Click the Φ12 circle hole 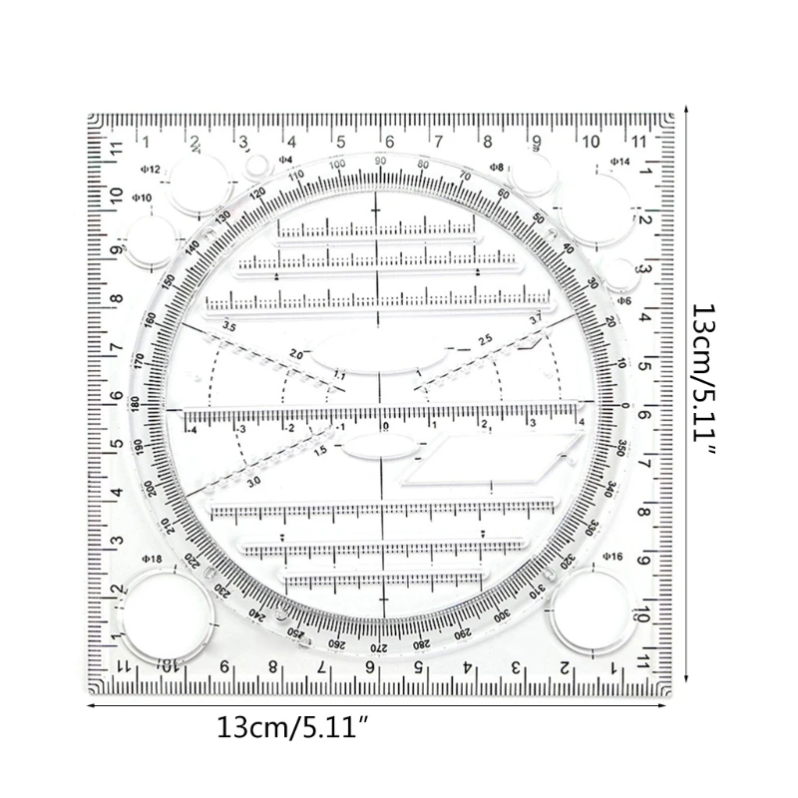pyautogui.click(x=197, y=184)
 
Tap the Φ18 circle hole pyautogui.click(x=165, y=612)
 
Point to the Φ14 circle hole pyautogui.click(x=618, y=202)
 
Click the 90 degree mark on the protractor pyautogui.click(x=380, y=161)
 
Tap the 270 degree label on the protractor pyautogui.click(x=380, y=648)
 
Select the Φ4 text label pyautogui.click(x=285, y=159)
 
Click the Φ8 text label pyautogui.click(x=496, y=167)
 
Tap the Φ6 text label pyautogui.click(x=624, y=299)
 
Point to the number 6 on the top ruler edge pyautogui.click(x=389, y=141)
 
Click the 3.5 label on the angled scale pyautogui.click(x=228, y=326)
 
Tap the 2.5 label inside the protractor pyautogui.click(x=485, y=339)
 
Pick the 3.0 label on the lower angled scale pyautogui.click(x=254, y=481)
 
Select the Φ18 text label pyautogui.click(x=153, y=560)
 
